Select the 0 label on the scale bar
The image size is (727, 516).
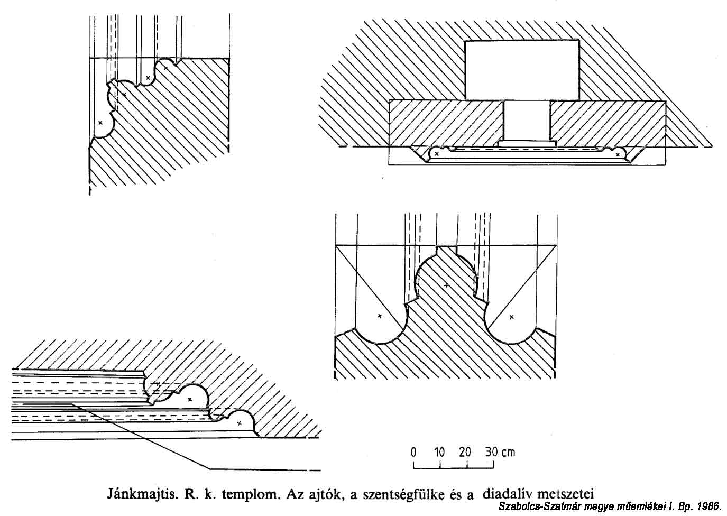coord(413,452)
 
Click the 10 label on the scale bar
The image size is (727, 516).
coord(439,452)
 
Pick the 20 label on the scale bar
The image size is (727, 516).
coord(465,452)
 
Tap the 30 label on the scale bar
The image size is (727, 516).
coord(491,452)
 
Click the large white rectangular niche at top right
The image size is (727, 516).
coord(522,69)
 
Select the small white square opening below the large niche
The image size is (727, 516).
coord(527,121)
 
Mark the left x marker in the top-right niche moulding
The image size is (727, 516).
coord(437,154)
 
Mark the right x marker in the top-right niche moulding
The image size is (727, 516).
coord(618,154)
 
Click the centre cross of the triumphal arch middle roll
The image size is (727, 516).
coord(446,285)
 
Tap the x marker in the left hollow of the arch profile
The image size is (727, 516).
coord(380,316)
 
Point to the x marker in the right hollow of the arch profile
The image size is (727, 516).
coord(511,317)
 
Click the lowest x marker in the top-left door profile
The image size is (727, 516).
coord(100,123)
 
